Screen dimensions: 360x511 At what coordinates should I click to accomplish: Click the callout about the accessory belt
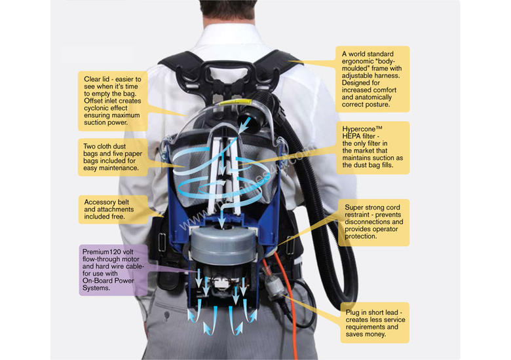(115, 208)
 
